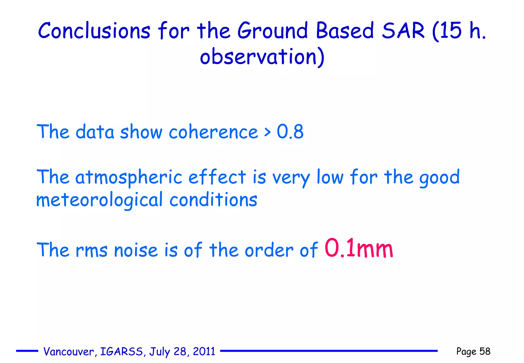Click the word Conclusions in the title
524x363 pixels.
pos(94,31)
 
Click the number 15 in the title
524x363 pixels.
pos(451,31)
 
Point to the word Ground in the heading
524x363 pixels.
pos(273,31)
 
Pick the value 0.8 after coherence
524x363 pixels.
pos(290,132)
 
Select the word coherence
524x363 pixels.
pos(213,132)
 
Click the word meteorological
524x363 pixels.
pos(99,200)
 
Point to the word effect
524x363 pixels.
pos(217,177)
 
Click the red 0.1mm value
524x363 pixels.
pos(359,248)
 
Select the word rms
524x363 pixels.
pos(91,250)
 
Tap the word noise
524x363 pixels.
pos(136,250)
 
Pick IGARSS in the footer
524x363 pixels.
pos(122,351)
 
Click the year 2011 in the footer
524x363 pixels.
pos(204,351)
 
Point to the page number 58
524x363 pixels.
pos(485,351)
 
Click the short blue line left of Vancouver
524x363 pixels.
pos(27,351)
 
